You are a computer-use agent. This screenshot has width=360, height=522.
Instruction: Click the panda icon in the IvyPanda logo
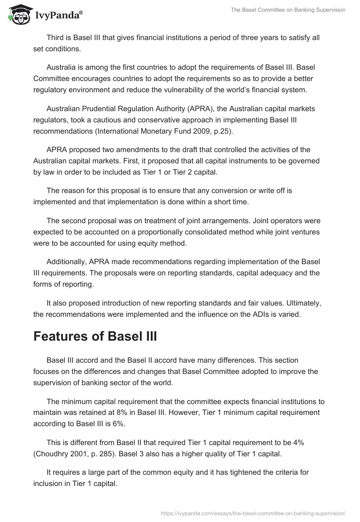[x=18, y=15]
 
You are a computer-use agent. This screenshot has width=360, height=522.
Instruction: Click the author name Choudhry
[x=53, y=454]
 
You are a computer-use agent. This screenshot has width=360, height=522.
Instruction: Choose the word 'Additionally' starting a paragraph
[x=67, y=262]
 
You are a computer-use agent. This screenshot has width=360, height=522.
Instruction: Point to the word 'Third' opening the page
[x=55, y=38]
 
